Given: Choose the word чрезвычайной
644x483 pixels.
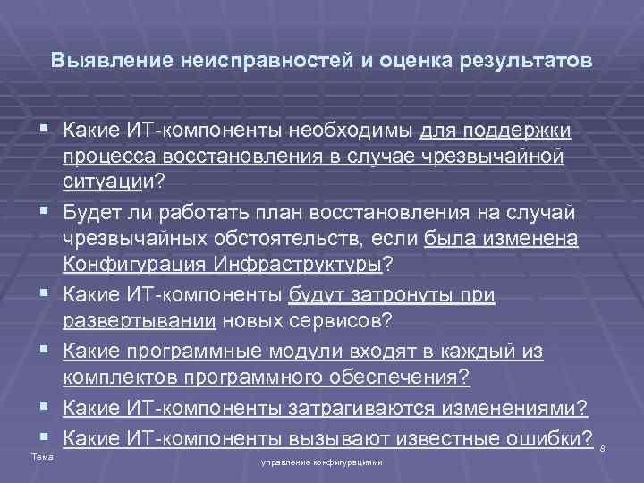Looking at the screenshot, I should [504, 157].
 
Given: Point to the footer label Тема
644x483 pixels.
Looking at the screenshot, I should [39, 457].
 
